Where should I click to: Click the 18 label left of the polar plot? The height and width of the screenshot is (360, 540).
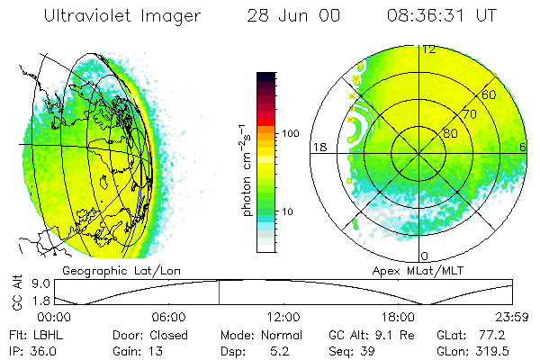coord(318,147)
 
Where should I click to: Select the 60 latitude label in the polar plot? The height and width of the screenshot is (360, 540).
coord(490,95)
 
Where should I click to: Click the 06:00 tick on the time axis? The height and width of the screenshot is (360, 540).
coord(168,317)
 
